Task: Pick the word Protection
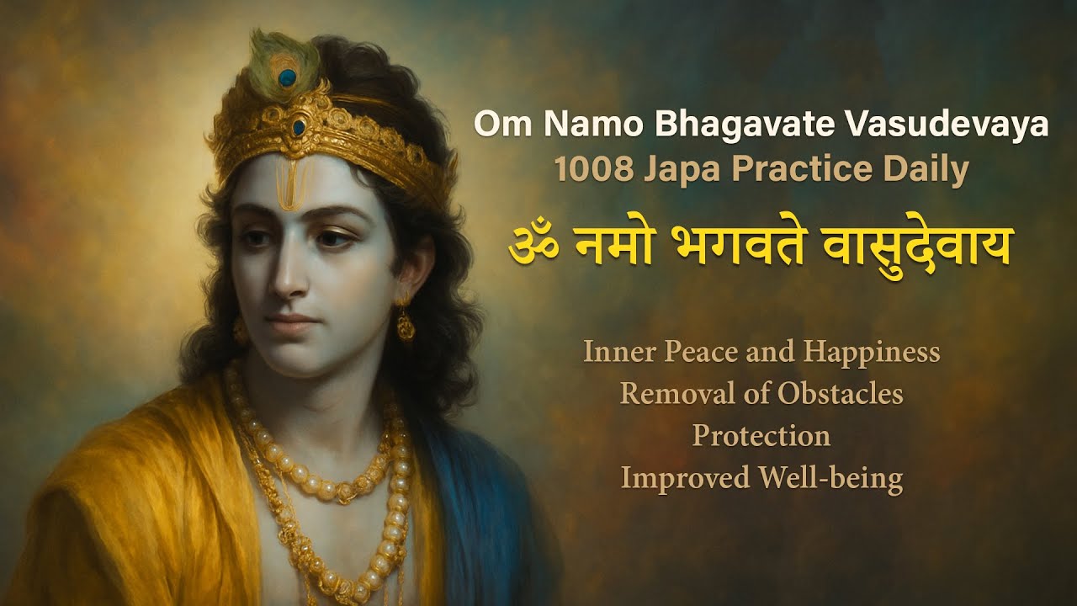761,435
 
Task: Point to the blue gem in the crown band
299,128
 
